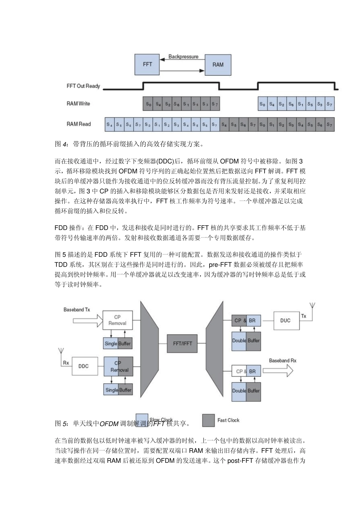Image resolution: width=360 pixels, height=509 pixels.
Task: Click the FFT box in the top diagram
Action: click(x=147, y=64)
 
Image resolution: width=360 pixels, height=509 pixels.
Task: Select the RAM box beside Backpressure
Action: click(x=218, y=64)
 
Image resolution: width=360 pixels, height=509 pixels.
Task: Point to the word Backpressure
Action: click(x=183, y=56)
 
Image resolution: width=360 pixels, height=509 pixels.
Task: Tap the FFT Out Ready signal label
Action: click(x=83, y=86)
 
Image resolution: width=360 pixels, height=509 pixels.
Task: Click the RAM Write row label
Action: click(x=78, y=103)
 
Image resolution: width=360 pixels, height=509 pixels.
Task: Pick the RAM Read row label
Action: click(x=79, y=124)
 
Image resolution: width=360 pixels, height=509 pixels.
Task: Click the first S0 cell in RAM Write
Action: click(x=148, y=104)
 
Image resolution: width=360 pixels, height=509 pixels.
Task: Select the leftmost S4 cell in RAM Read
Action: click(x=110, y=124)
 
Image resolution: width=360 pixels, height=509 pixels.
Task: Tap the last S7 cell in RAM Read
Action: click(x=329, y=124)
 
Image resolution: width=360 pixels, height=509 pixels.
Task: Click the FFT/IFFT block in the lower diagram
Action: click(x=183, y=343)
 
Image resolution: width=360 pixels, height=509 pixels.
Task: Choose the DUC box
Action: click(x=285, y=320)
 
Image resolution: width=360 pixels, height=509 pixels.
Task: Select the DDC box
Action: click(x=83, y=366)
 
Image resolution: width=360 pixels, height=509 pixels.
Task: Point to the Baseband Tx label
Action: click(x=77, y=309)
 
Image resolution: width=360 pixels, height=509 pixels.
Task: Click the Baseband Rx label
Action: click(x=283, y=361)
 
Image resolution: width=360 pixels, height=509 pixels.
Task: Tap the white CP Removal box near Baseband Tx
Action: click(x=117, y=320)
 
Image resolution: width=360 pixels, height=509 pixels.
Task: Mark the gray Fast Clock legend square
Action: click(x=208, y=420)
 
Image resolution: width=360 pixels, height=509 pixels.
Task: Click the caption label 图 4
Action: click(x=61, y=144)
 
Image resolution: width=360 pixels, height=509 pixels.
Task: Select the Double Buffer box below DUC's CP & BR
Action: click(x=246, y=340)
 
